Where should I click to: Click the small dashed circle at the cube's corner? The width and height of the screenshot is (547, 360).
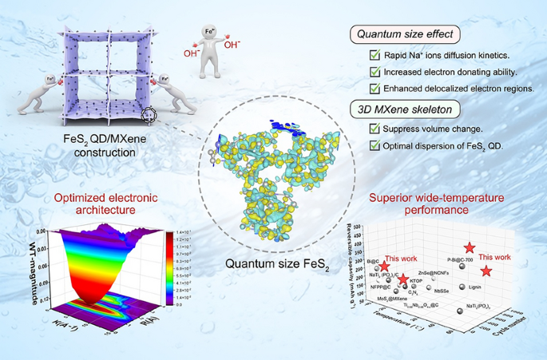tap(149, 119)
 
